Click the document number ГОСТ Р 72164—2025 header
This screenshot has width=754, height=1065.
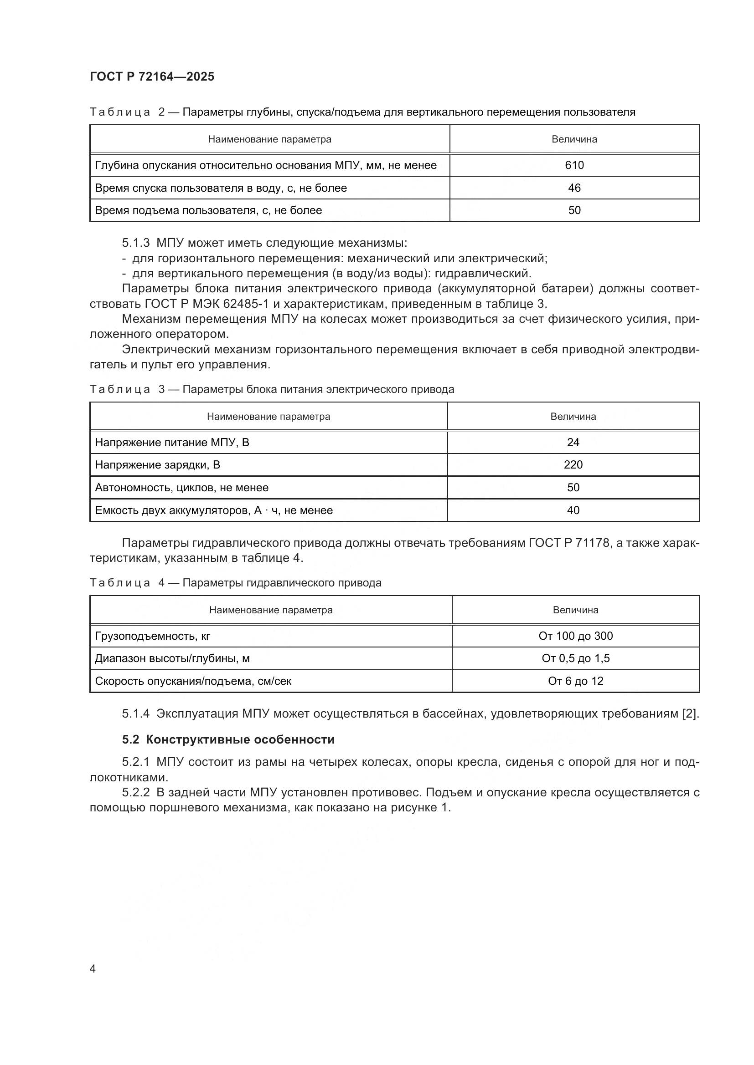152,76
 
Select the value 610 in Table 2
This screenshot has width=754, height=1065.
574,165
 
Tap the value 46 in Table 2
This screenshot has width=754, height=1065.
574,188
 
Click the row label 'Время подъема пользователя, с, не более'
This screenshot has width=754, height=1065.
208,211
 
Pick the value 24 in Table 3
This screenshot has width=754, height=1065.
573,443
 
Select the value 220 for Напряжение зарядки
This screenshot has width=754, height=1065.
573,465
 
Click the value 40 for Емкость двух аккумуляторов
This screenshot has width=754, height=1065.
573,510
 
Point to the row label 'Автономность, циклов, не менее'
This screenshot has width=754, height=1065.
181,488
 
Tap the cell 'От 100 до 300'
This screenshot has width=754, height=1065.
575,636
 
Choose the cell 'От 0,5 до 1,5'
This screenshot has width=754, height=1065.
575,658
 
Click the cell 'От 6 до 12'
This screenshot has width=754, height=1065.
575,681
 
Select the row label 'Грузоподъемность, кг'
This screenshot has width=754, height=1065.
152,636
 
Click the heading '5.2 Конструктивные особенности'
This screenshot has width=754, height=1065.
228,739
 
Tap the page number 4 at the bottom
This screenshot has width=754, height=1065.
93,968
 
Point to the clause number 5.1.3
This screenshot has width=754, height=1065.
135,243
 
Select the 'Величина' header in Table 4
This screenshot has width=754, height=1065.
575,610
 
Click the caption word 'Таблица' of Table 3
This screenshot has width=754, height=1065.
120,389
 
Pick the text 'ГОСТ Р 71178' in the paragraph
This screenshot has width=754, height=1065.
568,543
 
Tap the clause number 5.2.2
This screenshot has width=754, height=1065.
135,793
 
